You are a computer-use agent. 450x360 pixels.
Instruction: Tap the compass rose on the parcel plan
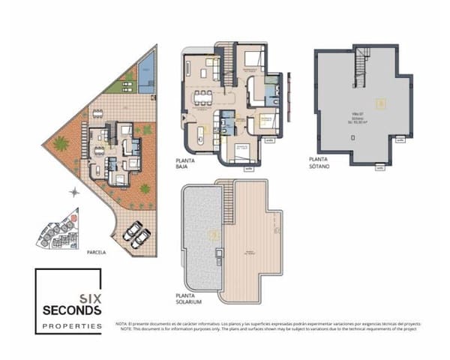[x=73, y=192]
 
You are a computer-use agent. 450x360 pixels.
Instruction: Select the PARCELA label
[x=96, y=253]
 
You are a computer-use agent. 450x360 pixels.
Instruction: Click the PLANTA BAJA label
[x=186, y=164]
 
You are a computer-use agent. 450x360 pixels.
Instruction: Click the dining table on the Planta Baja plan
[x=202, y=97]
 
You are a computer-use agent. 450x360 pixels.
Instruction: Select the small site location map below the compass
[x=55, y=228]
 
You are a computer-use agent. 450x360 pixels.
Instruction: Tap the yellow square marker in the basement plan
[x=381, y=104]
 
